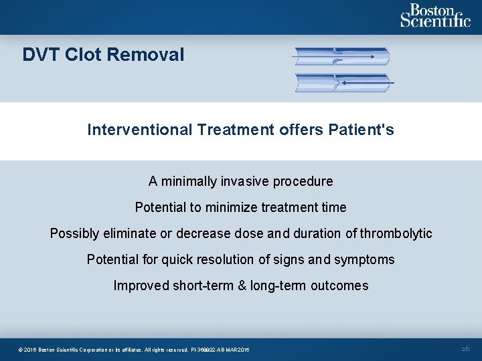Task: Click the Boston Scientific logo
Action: pos(435,16)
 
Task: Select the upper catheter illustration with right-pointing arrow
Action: pos(342,57)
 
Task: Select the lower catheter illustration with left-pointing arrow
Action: pos(343,83)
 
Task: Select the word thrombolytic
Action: pos(396,233)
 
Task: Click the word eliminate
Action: pos(125,233)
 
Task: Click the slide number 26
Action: pos(466,349)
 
